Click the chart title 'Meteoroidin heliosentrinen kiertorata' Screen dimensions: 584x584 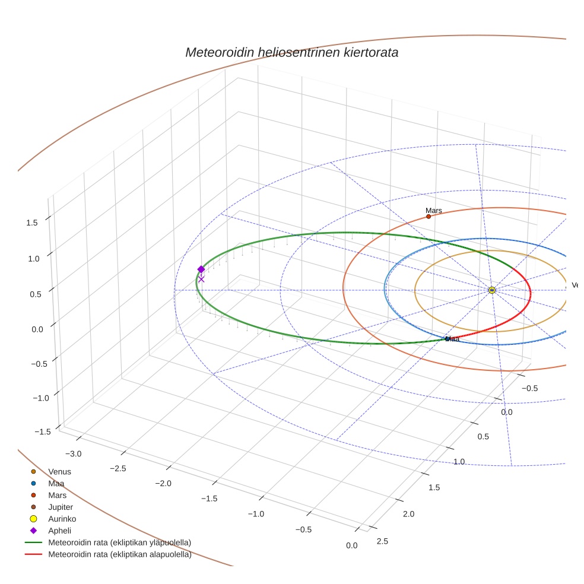pos(291,52)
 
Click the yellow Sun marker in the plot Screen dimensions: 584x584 pos(492,290)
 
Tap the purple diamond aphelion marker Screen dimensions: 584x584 pos(201,269)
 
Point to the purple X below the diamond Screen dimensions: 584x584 pos(201,279)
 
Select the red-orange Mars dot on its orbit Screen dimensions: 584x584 pos(429,217)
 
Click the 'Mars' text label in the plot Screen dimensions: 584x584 pos(434,211)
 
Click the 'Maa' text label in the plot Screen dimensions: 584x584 pos(452,339)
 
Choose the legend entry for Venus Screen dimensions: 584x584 pos(59,472)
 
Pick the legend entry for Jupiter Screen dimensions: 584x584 pos(61,507)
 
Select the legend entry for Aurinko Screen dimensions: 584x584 pos(62,519)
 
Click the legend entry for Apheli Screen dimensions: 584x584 pos(59,531)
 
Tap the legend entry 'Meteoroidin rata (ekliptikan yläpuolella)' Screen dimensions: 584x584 pos(119,542)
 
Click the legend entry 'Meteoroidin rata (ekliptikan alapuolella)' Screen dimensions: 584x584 pos(119,555)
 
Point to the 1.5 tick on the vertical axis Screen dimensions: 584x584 pos(32,223)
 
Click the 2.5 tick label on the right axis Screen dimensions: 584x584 pos(383,541)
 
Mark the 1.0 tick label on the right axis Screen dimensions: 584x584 pos(459,462)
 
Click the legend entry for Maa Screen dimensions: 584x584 pos(56,484)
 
